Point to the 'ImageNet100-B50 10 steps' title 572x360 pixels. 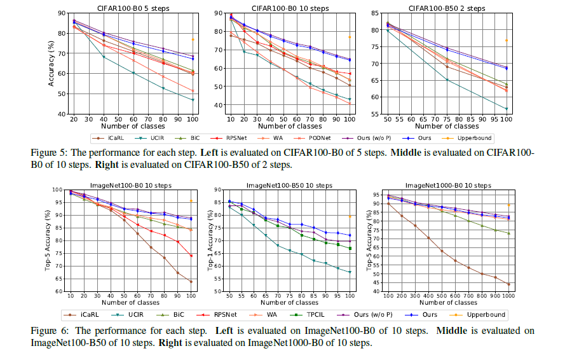click(292, 185)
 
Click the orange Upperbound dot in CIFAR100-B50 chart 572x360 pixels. click(507, 40)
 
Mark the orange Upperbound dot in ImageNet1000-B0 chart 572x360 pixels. click(508, 205)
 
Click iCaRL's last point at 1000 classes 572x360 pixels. click(508, 284)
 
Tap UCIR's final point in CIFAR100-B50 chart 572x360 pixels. click(507, 109)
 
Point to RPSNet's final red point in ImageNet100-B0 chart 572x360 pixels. click(191, 256)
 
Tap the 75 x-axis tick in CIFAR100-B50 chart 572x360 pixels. click(447, 119)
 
